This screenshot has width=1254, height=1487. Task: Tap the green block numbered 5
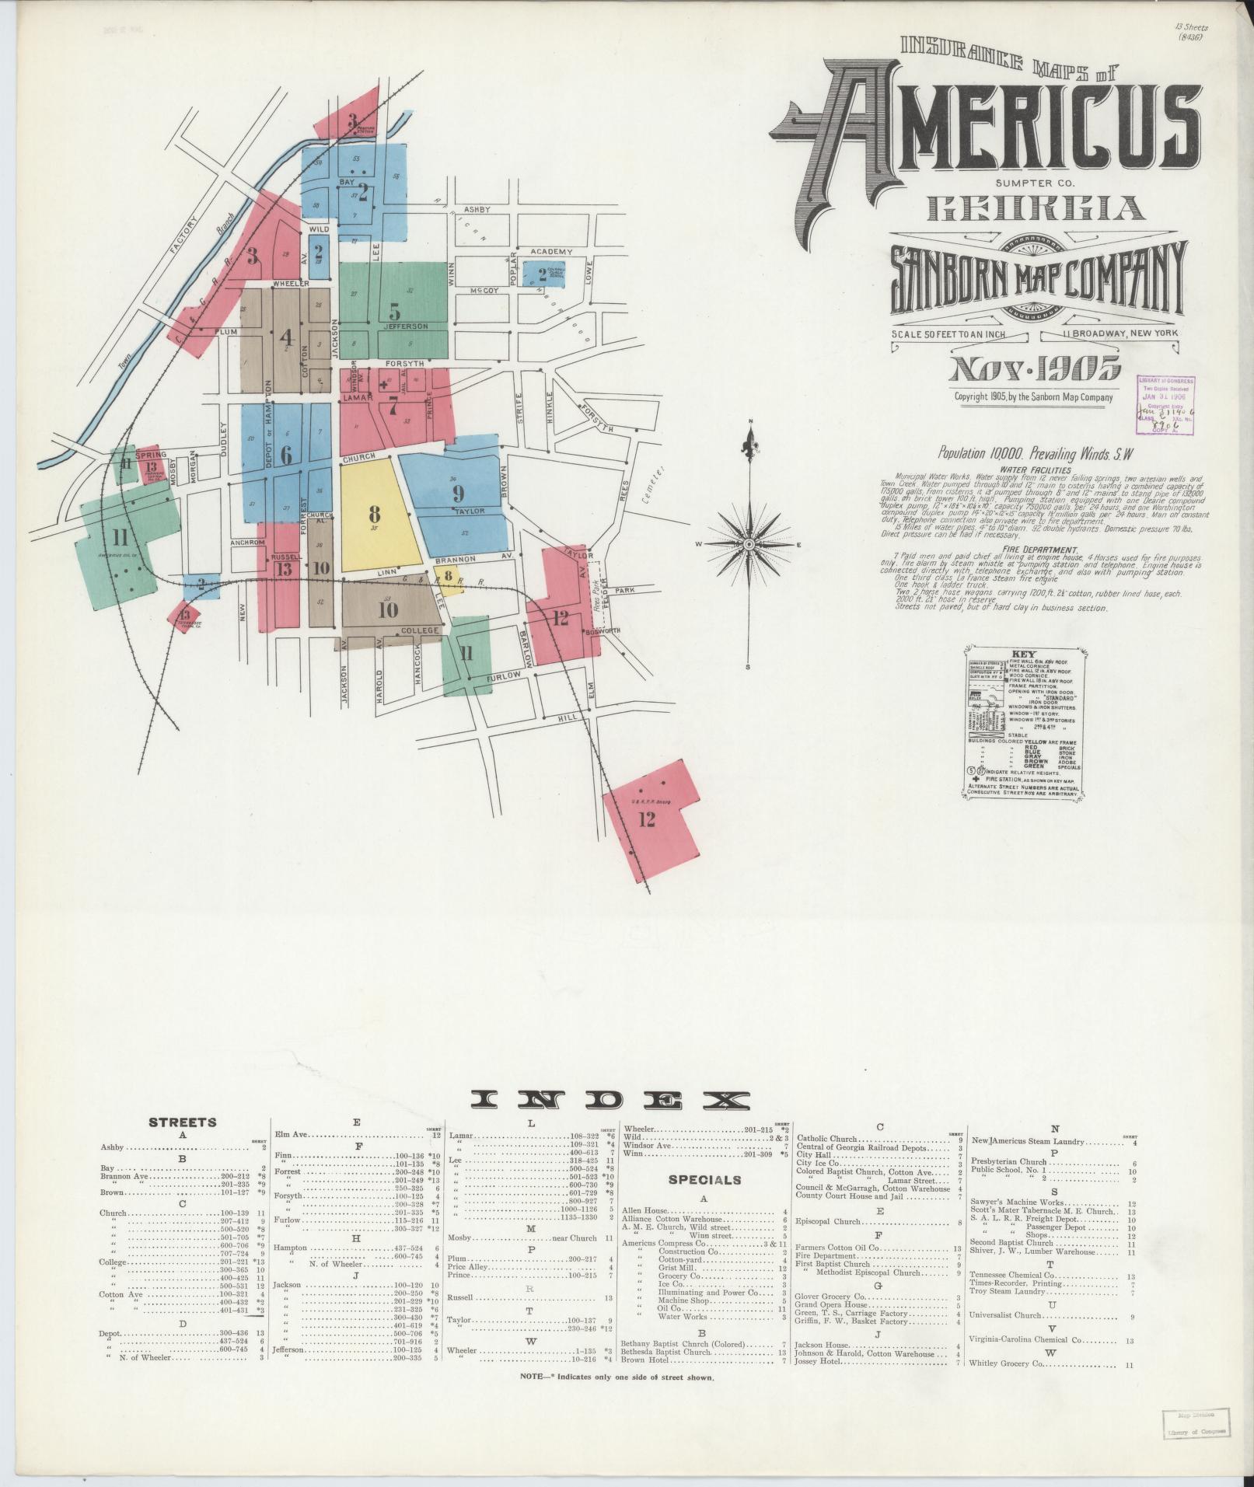(394, 311)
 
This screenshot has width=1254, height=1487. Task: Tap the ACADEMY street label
(551, 252)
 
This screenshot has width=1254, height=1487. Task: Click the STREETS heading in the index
(183, 1122)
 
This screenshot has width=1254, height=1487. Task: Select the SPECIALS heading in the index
(704, 1180)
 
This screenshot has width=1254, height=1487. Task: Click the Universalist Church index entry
(1005, 1317)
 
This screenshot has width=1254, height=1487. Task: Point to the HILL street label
(568, 718)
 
